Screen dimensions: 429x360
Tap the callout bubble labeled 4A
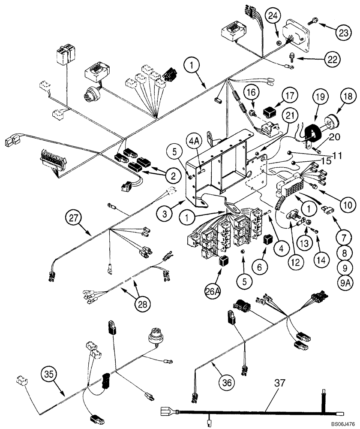click(193, 141)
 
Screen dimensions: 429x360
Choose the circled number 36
click(227, 380)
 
